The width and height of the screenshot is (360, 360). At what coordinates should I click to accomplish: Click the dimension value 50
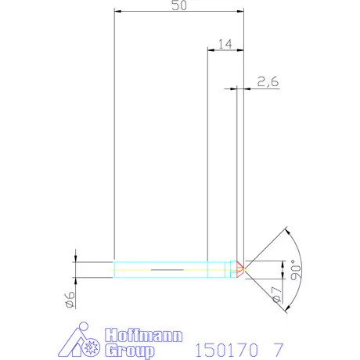point(179,5)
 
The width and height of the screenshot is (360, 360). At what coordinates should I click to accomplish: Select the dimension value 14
point(224,44)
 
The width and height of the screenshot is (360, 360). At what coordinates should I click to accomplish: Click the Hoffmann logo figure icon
point(81,341)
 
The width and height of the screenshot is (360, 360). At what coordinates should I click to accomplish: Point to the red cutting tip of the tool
point(241,268)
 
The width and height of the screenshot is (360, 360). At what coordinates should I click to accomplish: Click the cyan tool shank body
point(164,268)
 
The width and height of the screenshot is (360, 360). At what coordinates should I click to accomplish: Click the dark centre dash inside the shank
point(164,268)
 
